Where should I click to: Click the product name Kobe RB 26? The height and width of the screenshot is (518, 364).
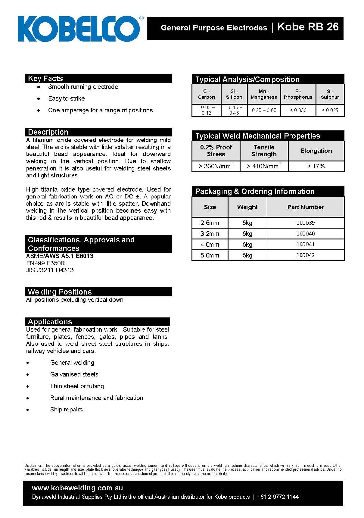coord(308,27)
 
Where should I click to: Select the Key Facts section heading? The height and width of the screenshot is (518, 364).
coord(45,78)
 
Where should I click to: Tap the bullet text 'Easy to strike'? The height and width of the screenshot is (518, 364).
coord(66,98)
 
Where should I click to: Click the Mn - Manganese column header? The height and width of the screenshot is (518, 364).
coord(264,94)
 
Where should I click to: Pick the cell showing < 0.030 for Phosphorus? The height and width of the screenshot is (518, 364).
coord(298,110)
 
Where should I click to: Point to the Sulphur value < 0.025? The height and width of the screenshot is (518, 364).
coord(330,110)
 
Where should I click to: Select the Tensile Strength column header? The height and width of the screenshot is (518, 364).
coord(264,151)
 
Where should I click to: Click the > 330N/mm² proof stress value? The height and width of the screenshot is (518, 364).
coord(216,166)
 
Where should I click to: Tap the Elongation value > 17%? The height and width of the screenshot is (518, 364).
coord(316,166)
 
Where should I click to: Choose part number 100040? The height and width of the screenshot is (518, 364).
coord(305,234)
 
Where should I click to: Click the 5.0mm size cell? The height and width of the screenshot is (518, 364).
coord(210,255)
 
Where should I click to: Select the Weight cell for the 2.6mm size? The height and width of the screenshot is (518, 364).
coord(247,223)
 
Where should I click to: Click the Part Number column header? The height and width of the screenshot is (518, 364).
coord(305,207)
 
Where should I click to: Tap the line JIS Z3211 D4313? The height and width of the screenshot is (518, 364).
coord(50,270)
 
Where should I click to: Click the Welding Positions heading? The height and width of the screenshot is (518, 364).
coord(60,292)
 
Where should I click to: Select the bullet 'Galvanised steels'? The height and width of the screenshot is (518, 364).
coord(74,374)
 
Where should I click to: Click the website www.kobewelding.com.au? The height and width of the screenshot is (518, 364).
coord(77,488)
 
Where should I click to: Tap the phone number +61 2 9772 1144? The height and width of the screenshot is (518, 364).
coord(278,497)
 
